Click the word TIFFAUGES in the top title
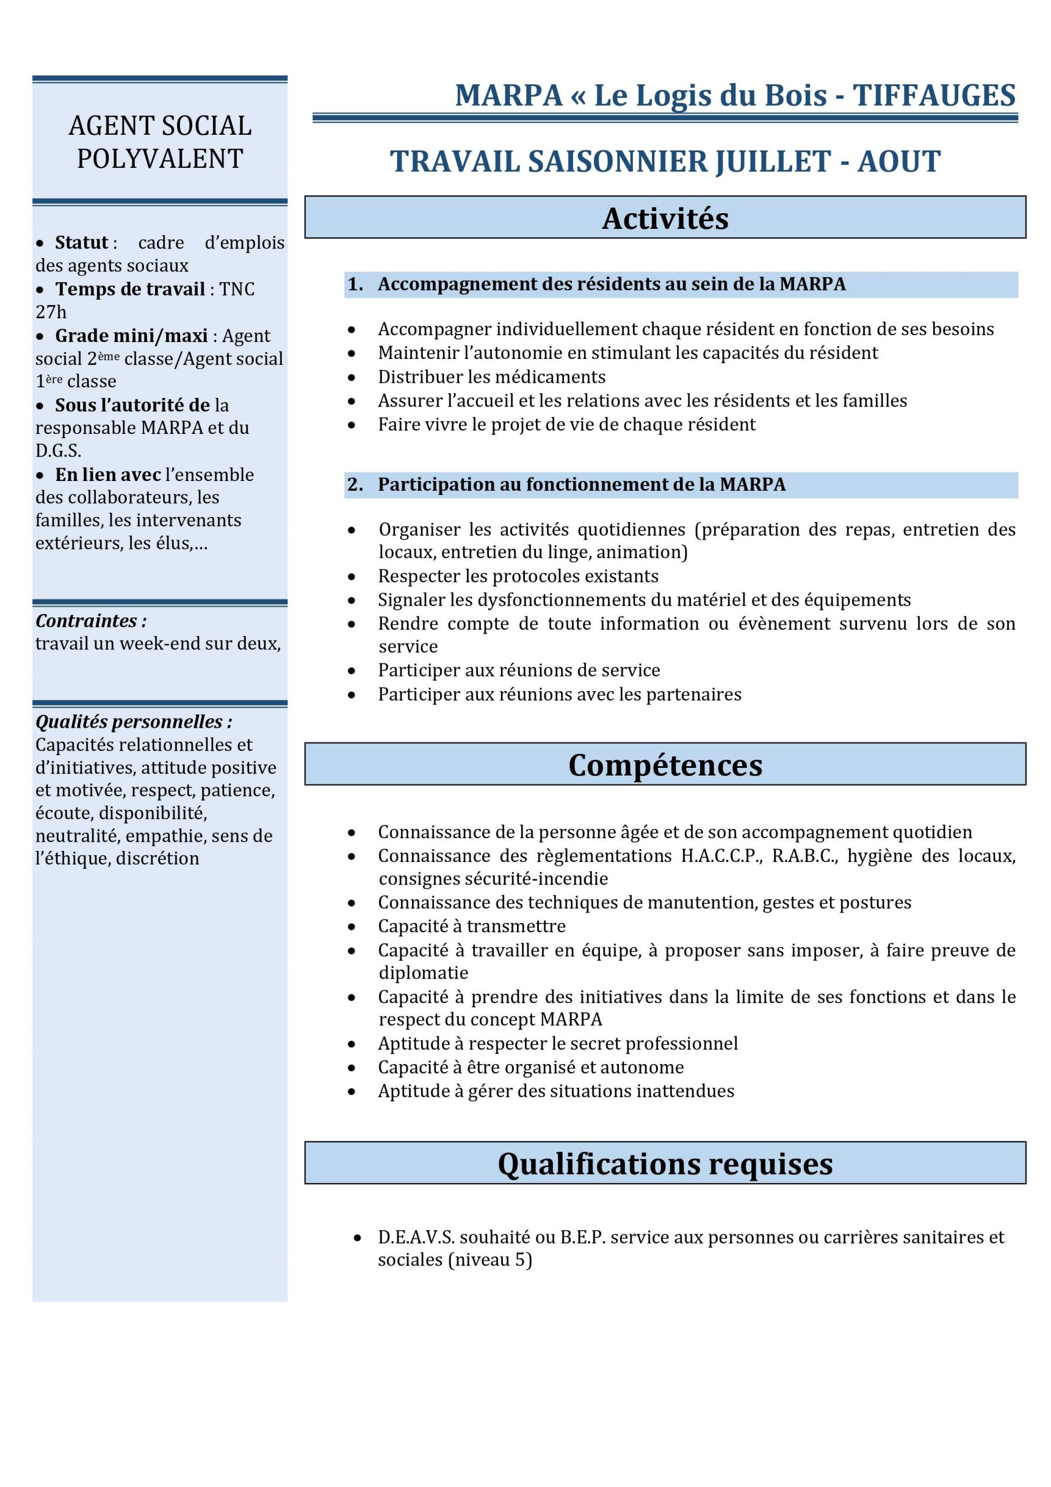click(x=933, y=96)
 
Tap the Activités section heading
click(x=665, y=218)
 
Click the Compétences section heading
click(x=665, y=765)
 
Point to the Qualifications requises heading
click(x=665, y=1164)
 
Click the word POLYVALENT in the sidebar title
click(x=160, y=159)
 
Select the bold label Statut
click(x=82, y=243)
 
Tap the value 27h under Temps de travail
click(x=51, y=312)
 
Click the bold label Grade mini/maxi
click(x=131, y=336)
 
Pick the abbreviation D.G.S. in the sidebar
click(x=58, y=451)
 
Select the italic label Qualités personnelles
click(x=134, y=721)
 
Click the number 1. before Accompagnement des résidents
click(x=355, y=284)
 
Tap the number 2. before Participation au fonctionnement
click(x=355, y=484)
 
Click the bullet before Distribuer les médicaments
click(x=352, y=378)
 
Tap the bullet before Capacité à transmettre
click(x=352, y=928)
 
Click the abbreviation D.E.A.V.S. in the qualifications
click(x=415, y=1238)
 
